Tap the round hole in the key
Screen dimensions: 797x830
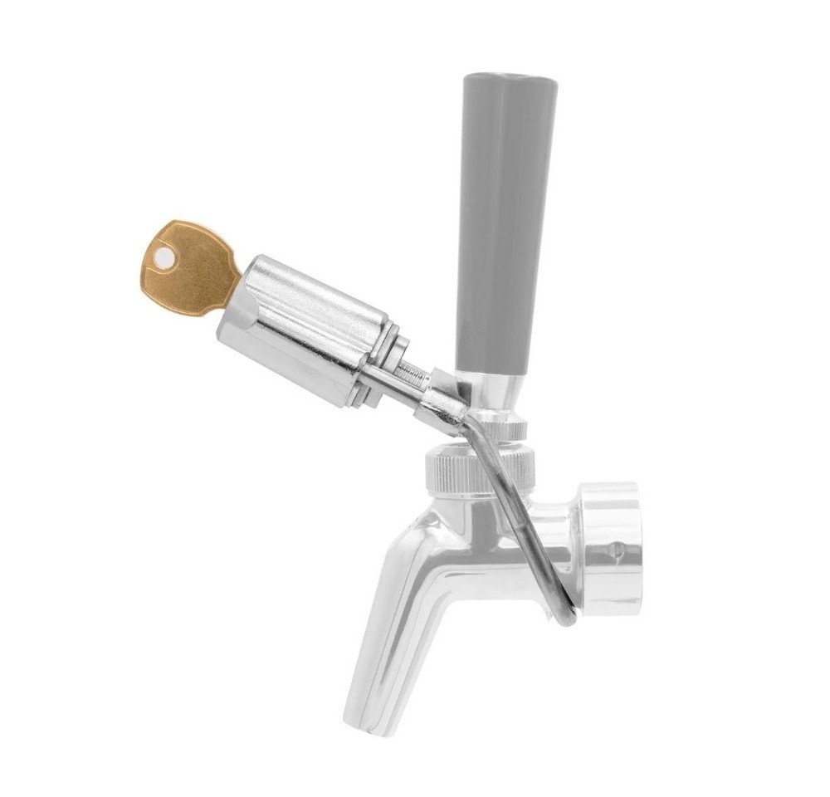point(164,260)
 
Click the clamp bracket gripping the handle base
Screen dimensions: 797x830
point(448,398)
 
